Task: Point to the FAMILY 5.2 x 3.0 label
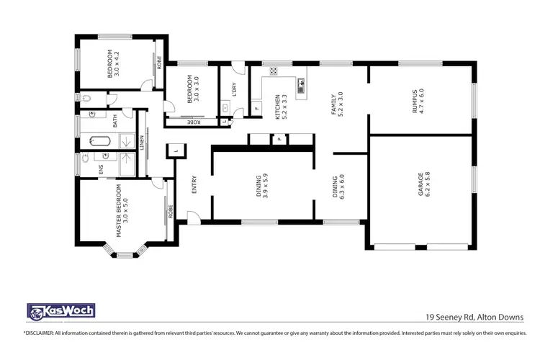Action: pyautogui.click(x=337, y=105)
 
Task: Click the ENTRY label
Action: pyautogui.click(x=194, y=186)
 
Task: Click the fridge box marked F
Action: pyautogui.click(x=257, y=109)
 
